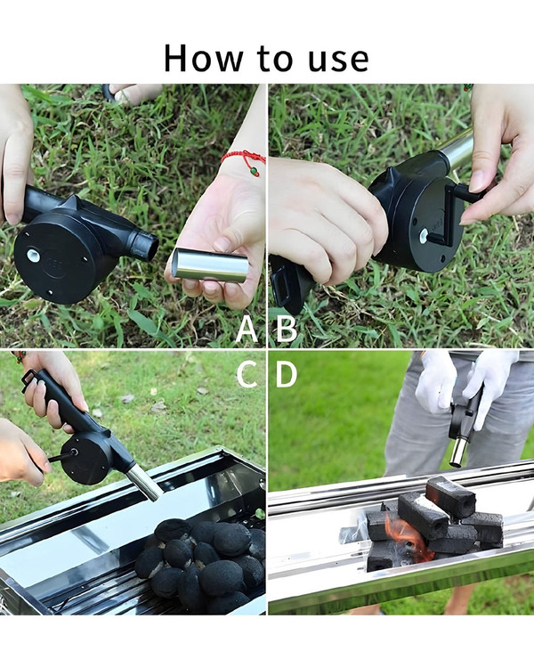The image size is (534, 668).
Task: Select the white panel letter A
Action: point(247,329)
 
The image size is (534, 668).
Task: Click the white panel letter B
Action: point(287,329)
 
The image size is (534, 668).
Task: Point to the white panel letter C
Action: point(247,374)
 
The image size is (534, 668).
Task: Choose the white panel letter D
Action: point(287,374)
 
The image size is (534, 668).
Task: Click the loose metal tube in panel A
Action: point(210,265)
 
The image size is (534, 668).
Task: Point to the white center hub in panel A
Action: point(33,256)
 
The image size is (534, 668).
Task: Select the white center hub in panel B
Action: point(424,236)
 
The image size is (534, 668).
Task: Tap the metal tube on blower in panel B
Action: point(457,148)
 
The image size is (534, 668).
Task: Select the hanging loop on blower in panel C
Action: point(29,380)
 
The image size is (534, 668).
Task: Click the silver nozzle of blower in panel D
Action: point(459,452)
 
